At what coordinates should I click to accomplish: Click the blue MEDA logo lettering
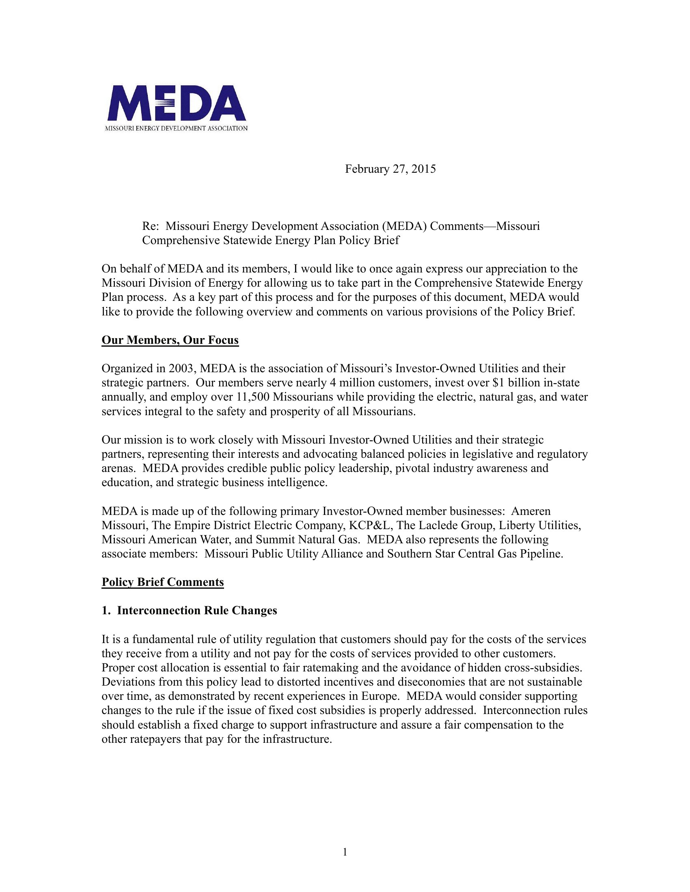pyautogui.click(x=176, y=103)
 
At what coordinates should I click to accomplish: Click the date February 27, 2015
pyautogui.click(x=390, y=169)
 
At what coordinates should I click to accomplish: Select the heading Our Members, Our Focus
pyautogui.click(x=170, y=340)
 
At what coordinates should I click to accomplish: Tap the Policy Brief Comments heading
pyautogui.click(x=163, y=582)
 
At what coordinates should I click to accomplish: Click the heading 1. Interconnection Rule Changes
pyautogui.click(x=189, y=611)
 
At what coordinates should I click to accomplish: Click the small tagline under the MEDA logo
pyautogui.click(x=176, y=129)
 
